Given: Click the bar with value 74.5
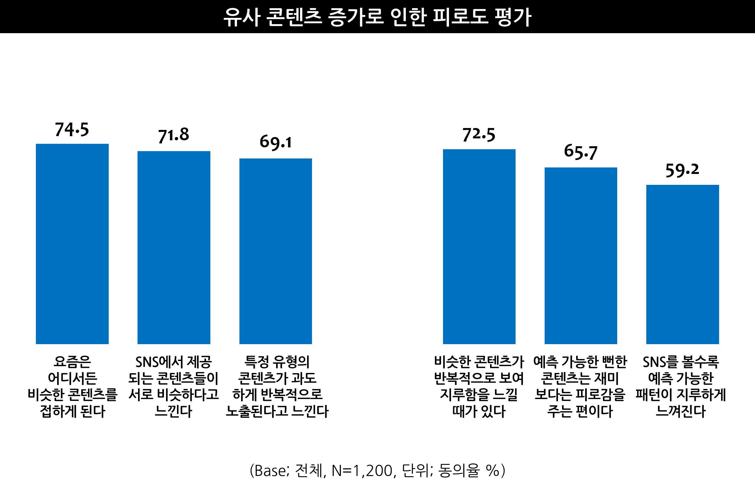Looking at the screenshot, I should (72, 244).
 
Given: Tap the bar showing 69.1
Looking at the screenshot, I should (275, 251).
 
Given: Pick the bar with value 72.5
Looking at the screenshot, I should (479, 247).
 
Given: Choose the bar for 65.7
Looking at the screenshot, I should (581, 256).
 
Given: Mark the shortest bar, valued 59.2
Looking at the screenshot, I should (682, 264).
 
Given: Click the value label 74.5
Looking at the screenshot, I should (72, 129).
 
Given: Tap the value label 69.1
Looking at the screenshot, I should (275, 142).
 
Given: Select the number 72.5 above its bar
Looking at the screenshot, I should (479, 135).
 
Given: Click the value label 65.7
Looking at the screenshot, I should (581, 152).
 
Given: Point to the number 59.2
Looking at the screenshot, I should (682, 170).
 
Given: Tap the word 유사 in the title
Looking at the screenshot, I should (242, 17).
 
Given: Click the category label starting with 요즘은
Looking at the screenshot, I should (72, 386).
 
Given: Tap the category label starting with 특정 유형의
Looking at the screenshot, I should (277, 386).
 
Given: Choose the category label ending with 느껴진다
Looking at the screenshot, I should (681, 386).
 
